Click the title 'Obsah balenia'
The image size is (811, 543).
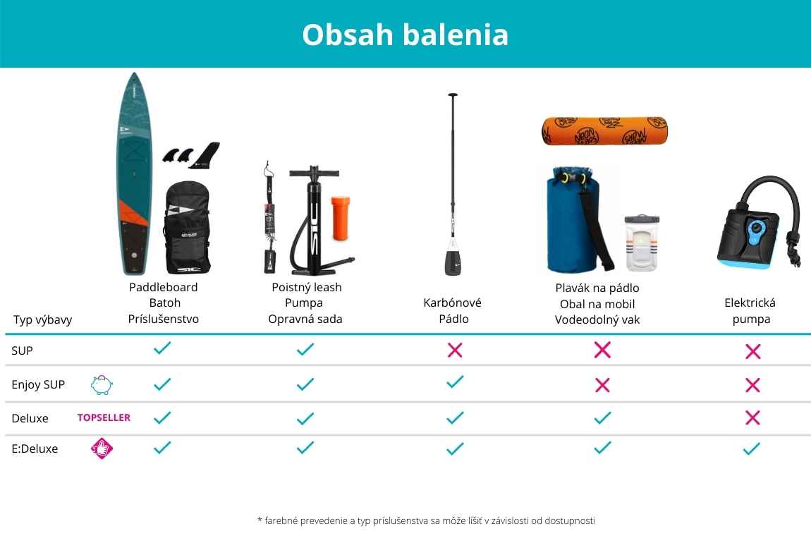point(405,35)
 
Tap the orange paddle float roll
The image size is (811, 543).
point(604,131)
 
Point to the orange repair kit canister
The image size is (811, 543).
point(341,218)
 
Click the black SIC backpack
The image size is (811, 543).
point(187,228)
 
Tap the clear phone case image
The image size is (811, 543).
point(641,243)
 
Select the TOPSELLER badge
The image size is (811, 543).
point(104,418)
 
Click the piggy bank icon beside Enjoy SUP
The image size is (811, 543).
point(102,385)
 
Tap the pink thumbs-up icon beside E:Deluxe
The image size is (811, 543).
point(102,449)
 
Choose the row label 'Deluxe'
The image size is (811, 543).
point(30,418)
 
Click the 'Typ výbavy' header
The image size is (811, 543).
point(42,320)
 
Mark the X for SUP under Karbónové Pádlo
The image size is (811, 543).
point(455,350)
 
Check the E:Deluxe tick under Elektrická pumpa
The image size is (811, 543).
point(752,449)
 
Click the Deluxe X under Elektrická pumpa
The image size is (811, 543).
point(752,418)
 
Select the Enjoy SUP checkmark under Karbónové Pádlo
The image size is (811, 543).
point(455,382)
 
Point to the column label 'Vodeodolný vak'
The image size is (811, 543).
point(597,320)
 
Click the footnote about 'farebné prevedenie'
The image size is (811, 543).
point(426,520)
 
